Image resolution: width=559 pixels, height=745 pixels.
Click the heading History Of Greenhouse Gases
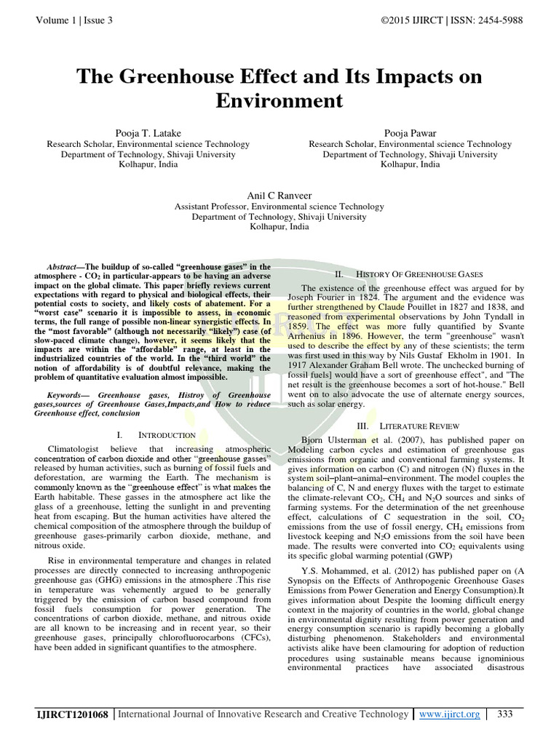(418, 274)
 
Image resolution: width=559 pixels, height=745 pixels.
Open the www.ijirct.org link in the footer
(449, 714)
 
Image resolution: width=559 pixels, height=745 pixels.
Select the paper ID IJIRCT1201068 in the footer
(73, 715)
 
